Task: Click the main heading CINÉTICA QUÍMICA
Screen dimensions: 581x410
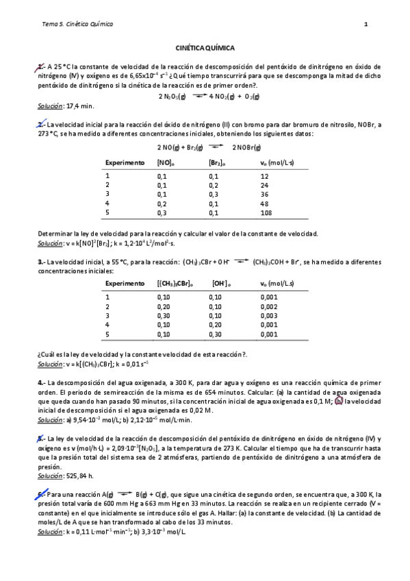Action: pos(205,49)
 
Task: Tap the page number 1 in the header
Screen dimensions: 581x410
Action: pos(366,25)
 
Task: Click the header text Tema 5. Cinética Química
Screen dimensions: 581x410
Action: pos(77,25)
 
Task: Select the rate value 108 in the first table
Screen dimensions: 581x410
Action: pos(266,213)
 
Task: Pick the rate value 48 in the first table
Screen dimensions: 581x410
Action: pos(264,203)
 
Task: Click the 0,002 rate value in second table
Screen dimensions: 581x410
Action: pos(269,306)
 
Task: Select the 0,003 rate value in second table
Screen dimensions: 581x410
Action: pos(269,316)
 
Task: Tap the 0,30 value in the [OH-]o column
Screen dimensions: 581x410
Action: pos(217,334)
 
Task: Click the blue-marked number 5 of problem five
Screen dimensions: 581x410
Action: pos(41,437)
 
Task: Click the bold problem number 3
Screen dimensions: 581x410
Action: pos(40,261)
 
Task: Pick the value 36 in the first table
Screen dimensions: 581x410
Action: pos(264,194)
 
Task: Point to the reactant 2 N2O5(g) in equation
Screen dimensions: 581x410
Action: pos(172,97)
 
